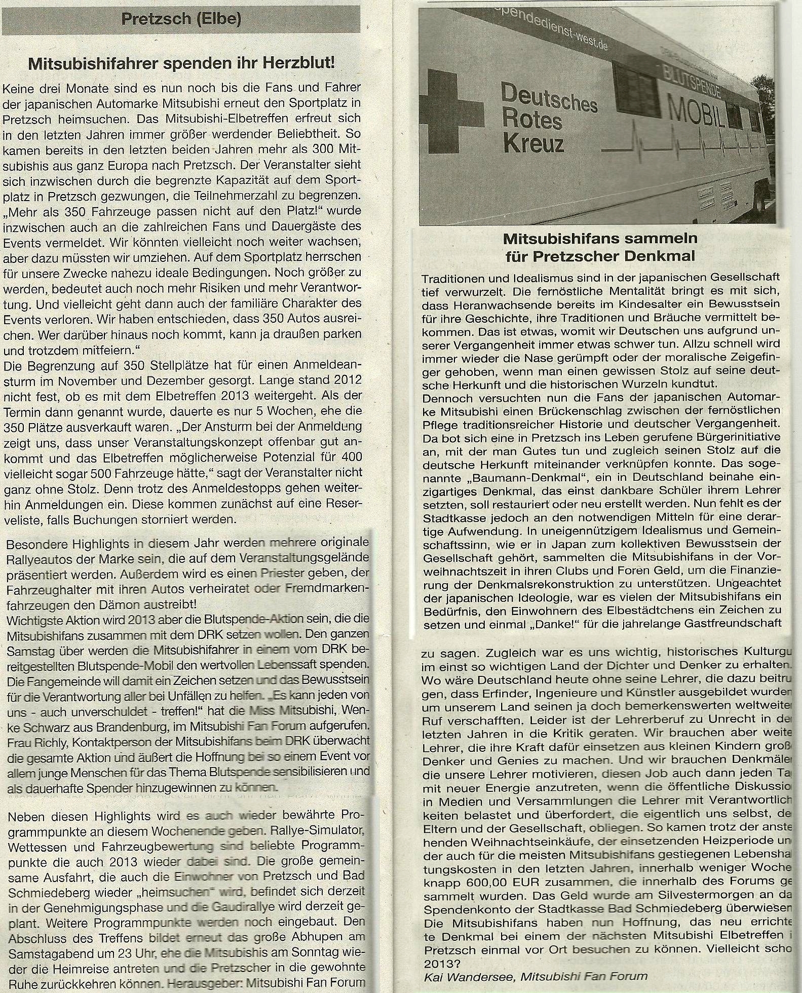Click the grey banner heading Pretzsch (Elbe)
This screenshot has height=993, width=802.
(181, 20)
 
